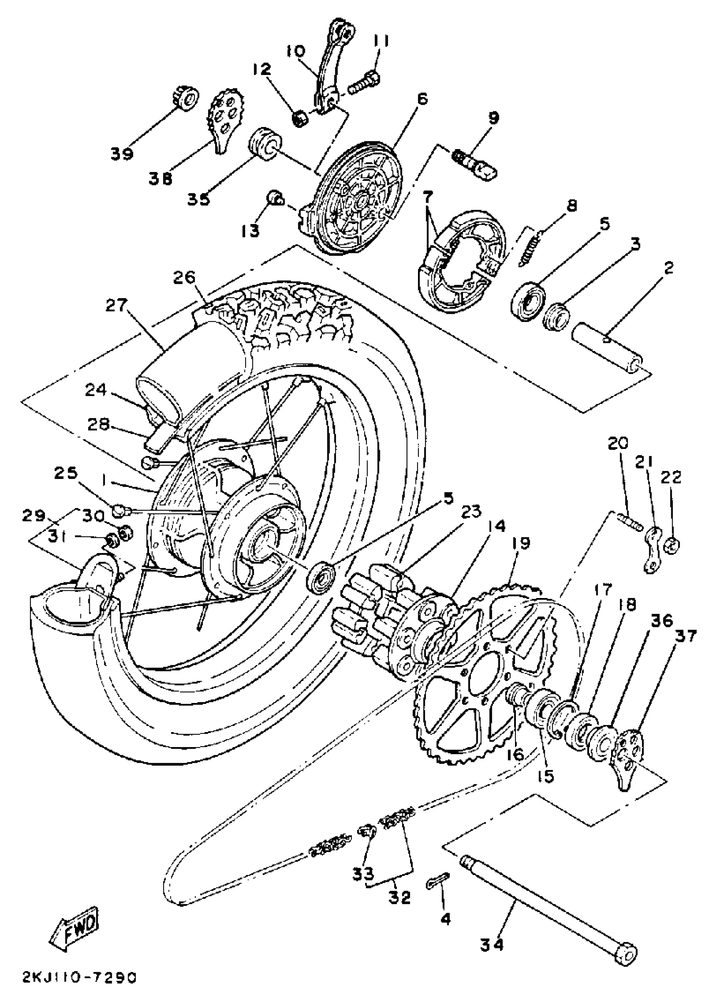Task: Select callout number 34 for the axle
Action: click(492, 942)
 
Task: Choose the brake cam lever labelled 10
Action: click(333, 66)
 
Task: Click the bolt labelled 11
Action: click(364, 84)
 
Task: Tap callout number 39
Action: click(122, 154)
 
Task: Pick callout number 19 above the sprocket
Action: click(521, 543)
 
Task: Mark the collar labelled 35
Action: click(264, 144)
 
